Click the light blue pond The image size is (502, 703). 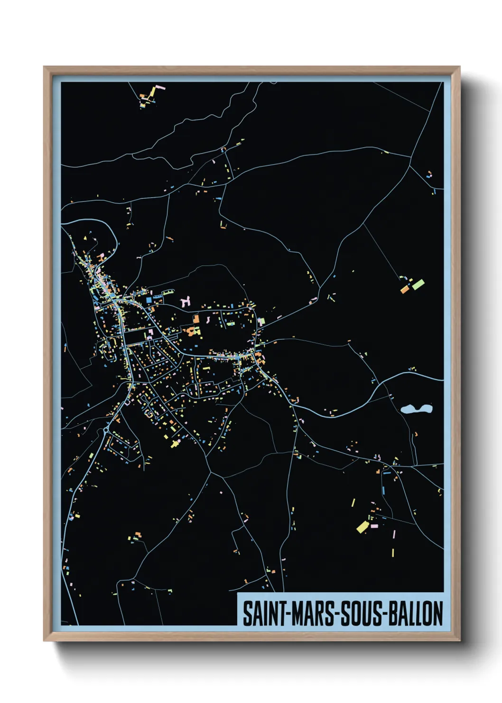click(416, 408)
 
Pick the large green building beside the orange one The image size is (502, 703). click(418, 285)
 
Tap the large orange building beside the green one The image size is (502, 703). click(405, 289)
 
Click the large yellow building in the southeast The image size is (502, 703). click(363, 527)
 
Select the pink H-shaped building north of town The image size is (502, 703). click(186, 301)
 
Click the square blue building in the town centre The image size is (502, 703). click(149, 300)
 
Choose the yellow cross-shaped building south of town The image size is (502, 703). click(175, 444)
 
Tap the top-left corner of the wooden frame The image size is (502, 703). click(45, 67)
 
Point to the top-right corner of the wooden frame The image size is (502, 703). click(459, 67)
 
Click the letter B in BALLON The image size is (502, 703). click(393, 613)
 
